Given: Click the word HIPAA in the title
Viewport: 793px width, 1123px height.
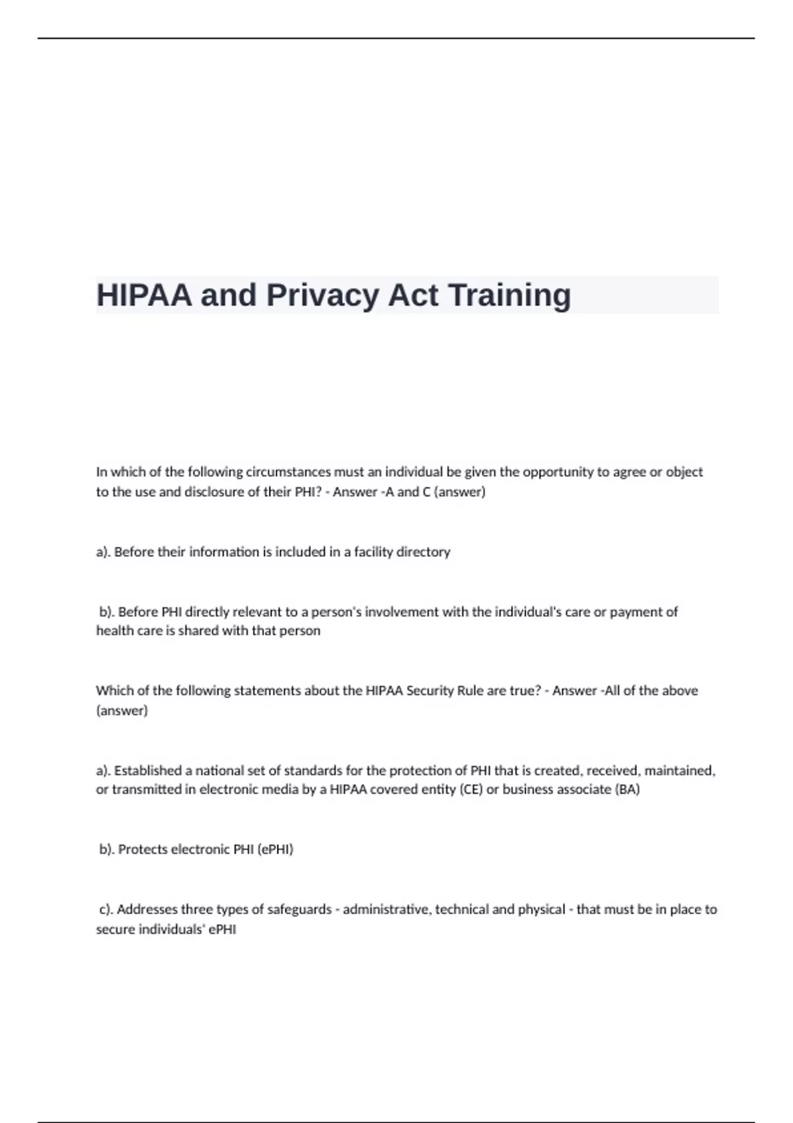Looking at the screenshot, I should (144, 295).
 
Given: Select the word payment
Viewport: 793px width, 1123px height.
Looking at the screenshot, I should (638, 612).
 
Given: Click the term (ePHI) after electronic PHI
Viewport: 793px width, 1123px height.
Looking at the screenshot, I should (275, 849).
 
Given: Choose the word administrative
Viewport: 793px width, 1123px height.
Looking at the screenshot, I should (387, 909).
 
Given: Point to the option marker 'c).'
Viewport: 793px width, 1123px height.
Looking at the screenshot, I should (106, 909).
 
